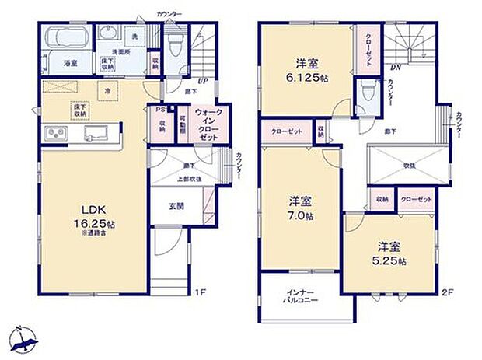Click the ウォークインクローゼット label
click(208, 122)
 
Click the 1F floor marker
click(200, 293)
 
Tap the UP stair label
click(202, 81)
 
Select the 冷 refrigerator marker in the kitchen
click(107, 92)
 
